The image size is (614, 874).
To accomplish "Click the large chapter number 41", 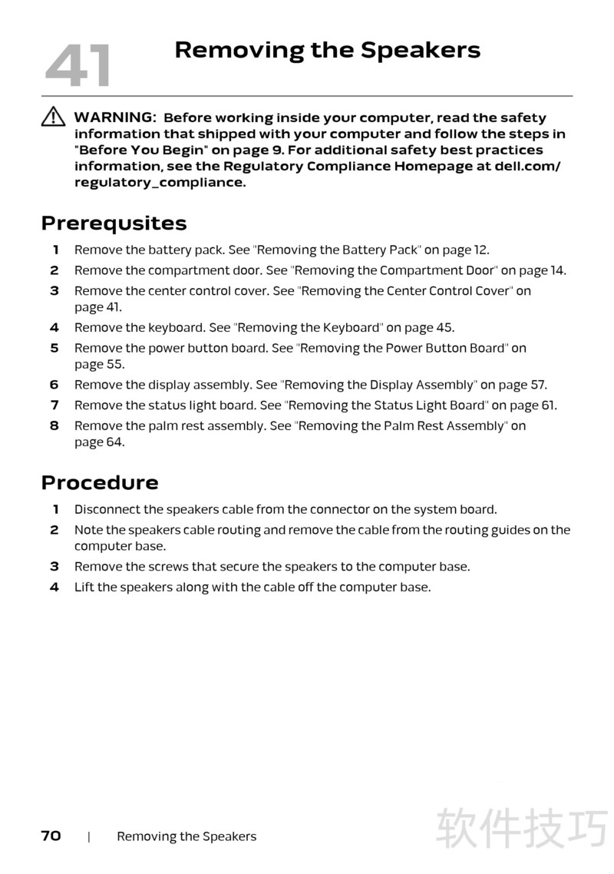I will click(78, 65).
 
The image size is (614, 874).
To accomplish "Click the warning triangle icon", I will click(53, 117).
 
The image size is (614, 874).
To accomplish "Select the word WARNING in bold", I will click(115, 118).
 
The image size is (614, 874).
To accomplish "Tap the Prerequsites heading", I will click(114, 223).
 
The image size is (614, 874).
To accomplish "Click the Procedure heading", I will click(100, 482).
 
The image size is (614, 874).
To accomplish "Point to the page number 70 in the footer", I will click(51, 836).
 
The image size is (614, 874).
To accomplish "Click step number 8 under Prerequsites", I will click(54, 425).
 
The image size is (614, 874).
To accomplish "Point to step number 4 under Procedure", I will click(54, 588).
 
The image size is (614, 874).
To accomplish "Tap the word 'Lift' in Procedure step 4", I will click(84, 588).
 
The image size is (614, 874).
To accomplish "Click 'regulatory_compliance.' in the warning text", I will click(160, 183).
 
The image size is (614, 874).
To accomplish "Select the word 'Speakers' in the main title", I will click(420, 51).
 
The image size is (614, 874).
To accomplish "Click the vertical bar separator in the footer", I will click(89, 836).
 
